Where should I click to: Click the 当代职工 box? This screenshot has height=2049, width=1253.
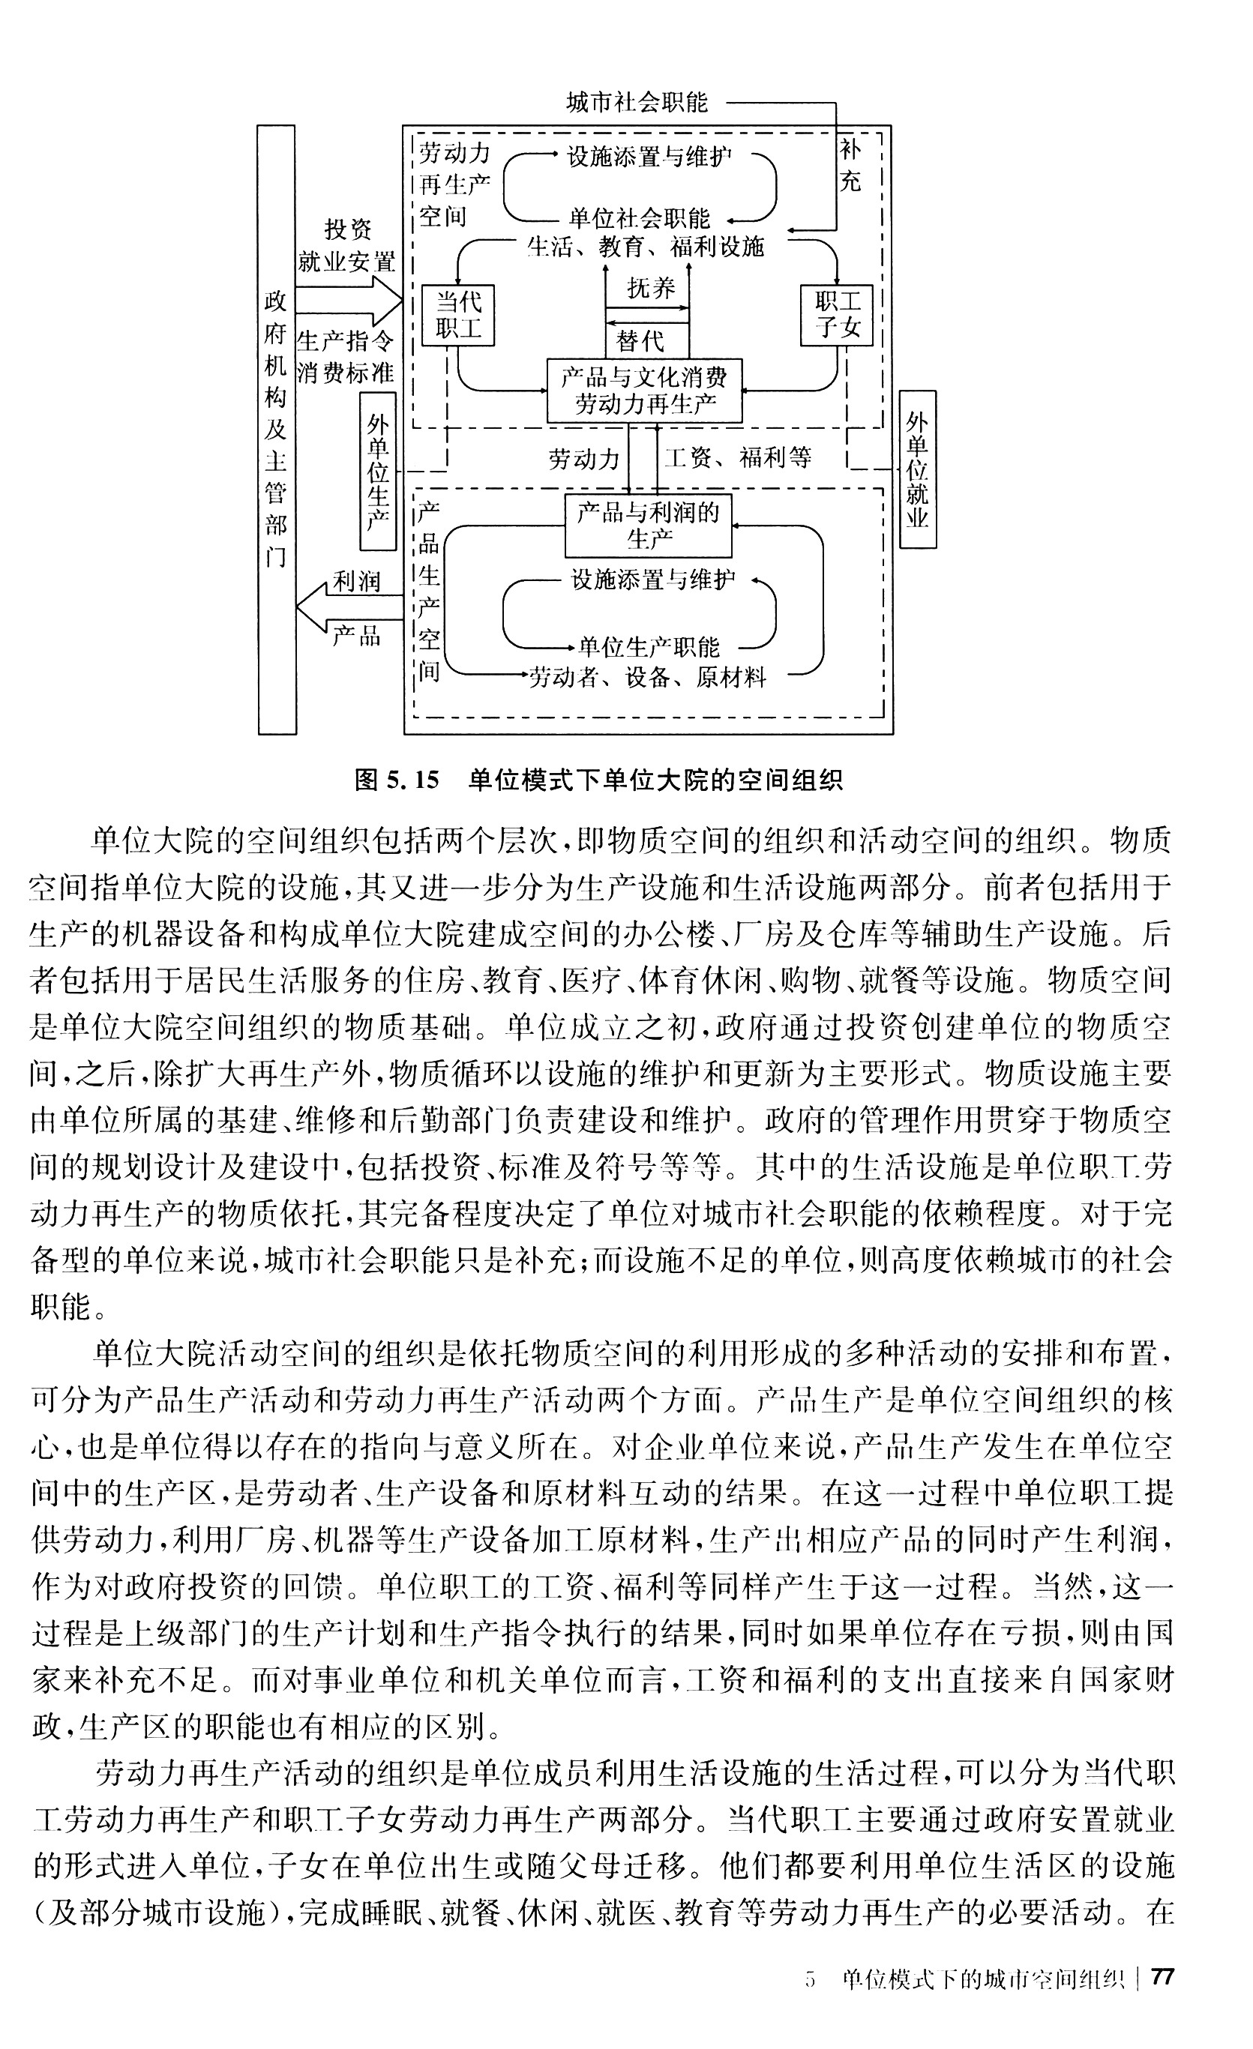pos(457,315)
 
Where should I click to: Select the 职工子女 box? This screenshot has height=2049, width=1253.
pos(835,315)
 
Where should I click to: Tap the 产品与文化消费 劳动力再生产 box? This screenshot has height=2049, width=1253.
pos(644,391)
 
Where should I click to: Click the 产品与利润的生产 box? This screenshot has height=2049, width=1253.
pos(648,526)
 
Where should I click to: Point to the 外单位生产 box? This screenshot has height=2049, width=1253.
pos(377,472)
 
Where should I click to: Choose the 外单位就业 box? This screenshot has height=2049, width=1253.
pos(917,470)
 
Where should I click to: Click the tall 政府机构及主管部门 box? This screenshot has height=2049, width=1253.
pos(277,429)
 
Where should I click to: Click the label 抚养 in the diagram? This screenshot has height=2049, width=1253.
pos(651,289)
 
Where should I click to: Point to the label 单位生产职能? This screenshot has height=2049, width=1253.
pos(649,646)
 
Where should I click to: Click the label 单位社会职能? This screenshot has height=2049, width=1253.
pos(639,219)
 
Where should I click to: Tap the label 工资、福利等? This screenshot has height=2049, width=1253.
pos(736,457)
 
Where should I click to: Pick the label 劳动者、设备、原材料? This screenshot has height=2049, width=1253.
pos(647,678)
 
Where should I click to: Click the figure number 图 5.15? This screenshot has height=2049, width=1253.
pos(396,780)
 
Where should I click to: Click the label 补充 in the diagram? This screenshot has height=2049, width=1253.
pos(850,166)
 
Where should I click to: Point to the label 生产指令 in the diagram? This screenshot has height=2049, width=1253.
pos(344,341)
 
